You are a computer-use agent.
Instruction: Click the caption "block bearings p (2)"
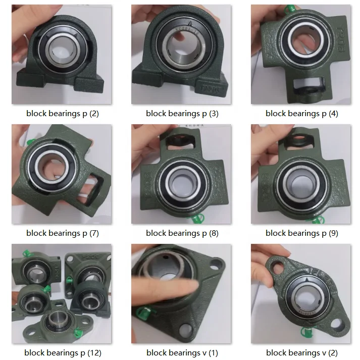click(63, 114)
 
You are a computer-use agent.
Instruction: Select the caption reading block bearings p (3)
click(182, 114)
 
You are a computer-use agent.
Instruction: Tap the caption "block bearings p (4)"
click(301, 114)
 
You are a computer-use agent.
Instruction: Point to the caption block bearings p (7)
click(63, 233)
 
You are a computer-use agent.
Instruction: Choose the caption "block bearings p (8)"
click(182, 233)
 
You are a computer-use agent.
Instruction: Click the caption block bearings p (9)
click(301, 233)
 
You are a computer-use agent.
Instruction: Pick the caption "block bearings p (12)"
click(63, 352)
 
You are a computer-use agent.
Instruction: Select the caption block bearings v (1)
click(182, 352)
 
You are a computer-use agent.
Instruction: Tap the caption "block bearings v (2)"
click(301, 352)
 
